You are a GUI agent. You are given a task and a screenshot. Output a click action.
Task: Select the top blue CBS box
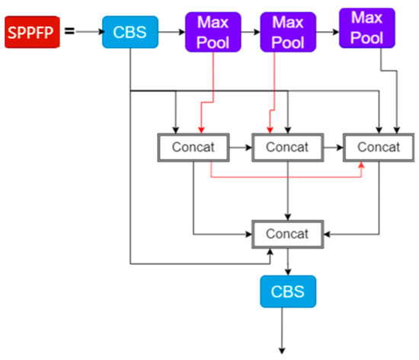(130, 31)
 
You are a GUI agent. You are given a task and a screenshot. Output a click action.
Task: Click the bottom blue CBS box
(287, 290)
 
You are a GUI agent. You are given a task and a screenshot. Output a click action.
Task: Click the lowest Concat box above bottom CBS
(287, 233)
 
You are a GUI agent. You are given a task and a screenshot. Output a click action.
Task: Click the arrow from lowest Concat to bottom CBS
(287, 260)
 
